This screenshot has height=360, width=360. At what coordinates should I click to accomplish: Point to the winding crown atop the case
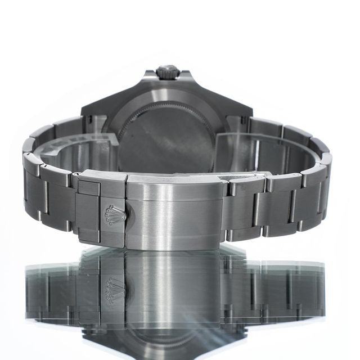pyautogui.click(x=168, y=71)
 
